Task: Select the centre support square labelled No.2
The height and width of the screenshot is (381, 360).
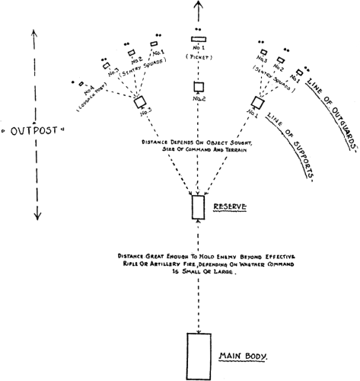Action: [x=199, y=87]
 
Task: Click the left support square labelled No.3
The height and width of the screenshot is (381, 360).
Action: [x=140, y=102]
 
